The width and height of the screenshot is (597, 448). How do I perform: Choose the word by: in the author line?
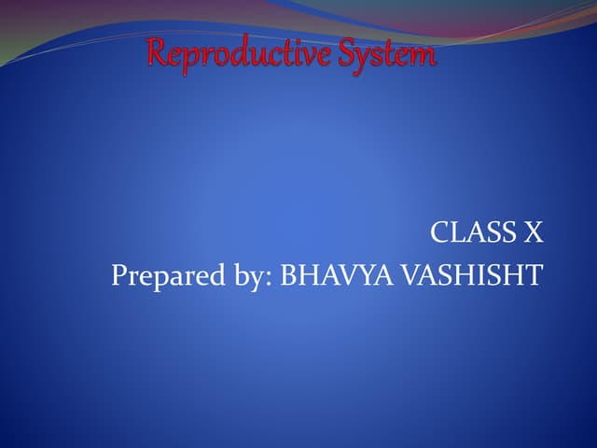tap(242, 276)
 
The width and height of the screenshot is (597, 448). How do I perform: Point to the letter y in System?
tap(369, 58)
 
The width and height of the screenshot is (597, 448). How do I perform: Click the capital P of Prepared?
tap(118, 276)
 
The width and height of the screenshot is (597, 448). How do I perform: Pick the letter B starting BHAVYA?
tap(288, 276)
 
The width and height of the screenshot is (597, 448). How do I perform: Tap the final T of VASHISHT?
tap(535, 276)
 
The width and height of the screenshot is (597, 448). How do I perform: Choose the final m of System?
tap(424, 57)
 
